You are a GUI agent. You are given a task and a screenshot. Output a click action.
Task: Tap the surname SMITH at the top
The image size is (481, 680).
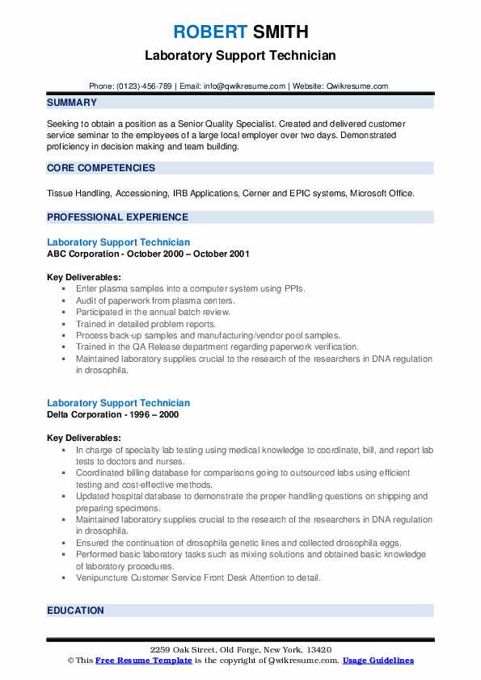tap(281, 32)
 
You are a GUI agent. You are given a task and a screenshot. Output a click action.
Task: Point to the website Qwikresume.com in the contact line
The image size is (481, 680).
tap(357, 86)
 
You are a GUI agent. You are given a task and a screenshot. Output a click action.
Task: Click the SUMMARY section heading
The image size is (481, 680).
tap(72, 103)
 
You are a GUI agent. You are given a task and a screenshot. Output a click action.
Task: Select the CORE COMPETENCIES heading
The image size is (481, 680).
tap(101, 168)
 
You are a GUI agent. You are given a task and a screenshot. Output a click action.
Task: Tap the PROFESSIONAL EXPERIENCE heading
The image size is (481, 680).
tap(117, 217)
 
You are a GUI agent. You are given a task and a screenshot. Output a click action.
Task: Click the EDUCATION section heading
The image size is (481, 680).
tap(75, 611)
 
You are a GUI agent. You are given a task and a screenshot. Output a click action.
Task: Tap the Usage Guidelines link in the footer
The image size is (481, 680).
tap(378, 661)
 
